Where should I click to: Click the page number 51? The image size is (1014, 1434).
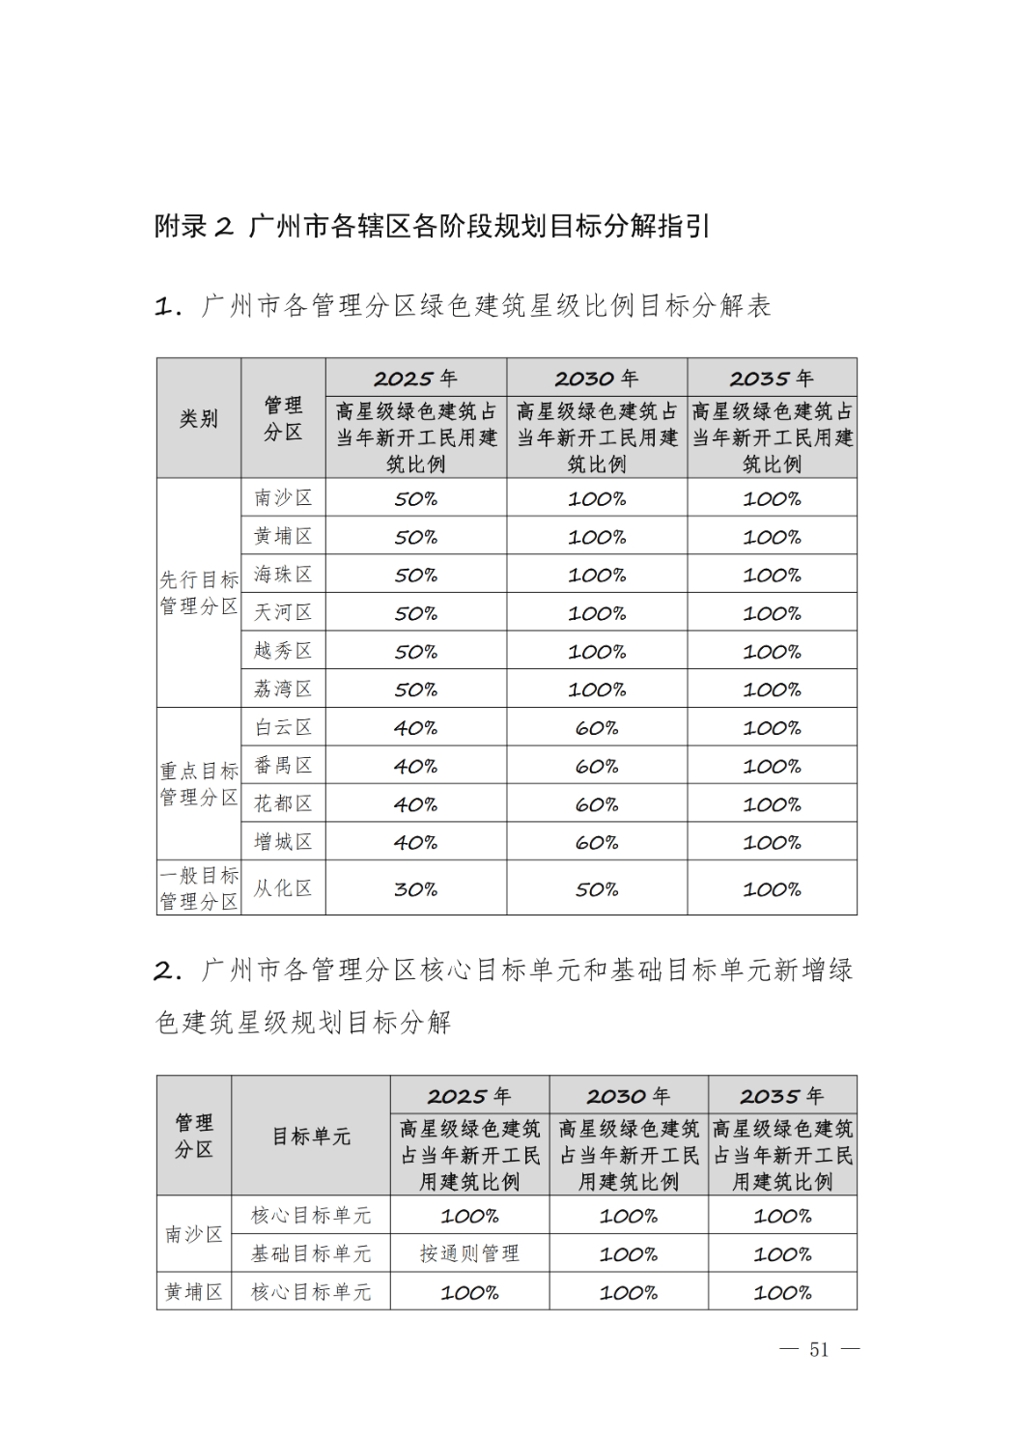coord(819,1349)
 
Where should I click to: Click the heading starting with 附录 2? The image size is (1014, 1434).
coord(432,226)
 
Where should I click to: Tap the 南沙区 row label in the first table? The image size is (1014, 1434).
coord(283,497)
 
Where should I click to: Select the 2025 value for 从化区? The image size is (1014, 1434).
coord(415,888)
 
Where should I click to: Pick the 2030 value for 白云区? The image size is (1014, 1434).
coord(596,727)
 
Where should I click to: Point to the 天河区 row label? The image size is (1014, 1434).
coord(283,612)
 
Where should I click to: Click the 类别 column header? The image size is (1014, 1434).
coord(199,418)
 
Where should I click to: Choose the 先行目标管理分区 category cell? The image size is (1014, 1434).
coord(199,592)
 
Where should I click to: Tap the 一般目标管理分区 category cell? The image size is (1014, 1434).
coord(199,887)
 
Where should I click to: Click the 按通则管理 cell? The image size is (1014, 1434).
coord(469,1252)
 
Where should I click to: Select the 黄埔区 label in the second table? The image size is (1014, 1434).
coord(194,1291)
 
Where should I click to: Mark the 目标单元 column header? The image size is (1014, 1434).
coord(311,1136)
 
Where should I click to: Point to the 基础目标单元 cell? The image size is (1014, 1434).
coord(311,1252)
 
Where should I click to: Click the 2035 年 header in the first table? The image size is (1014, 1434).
coord(772,378)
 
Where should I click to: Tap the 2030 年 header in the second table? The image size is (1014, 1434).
coord(628,1095)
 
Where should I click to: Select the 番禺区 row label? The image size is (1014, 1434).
coord(283,765)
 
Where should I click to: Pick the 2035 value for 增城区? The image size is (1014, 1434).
coord(772,842)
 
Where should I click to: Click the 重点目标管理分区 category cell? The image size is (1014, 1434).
coord(199,783)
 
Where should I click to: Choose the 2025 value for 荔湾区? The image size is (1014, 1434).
coord(415,689)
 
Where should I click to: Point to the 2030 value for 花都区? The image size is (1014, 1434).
coord(596,803)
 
